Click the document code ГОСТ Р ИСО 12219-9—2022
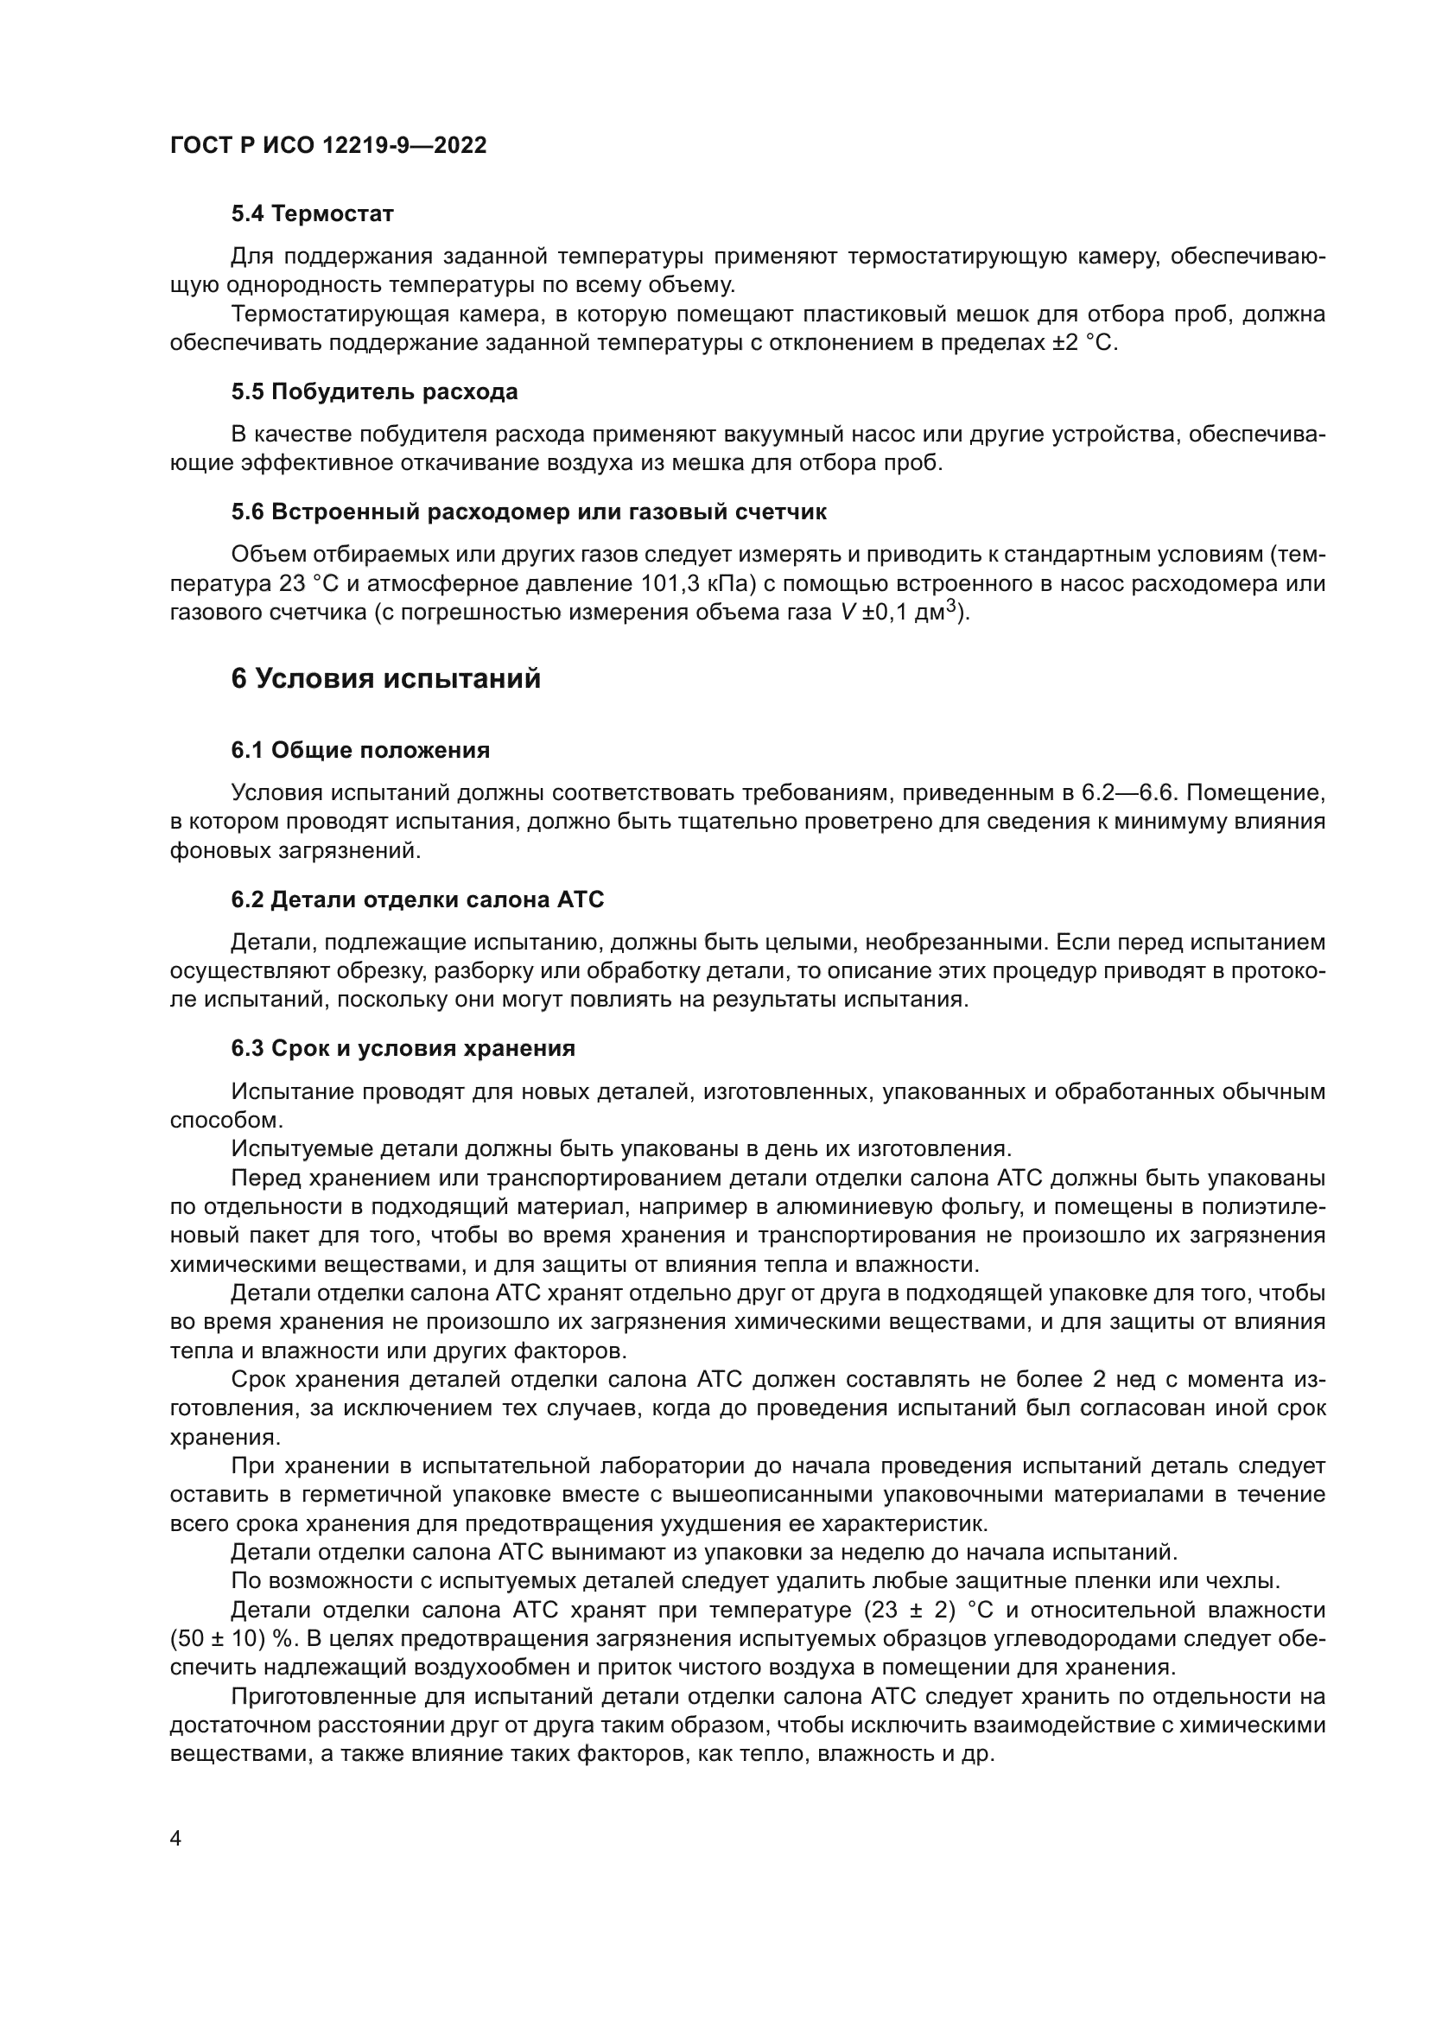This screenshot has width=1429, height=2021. coord(328,145)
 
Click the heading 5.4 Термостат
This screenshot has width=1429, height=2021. coord(313,213)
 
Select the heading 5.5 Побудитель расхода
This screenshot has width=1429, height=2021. coord(374,391)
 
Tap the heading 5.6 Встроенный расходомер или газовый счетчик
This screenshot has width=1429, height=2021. coord(529,512)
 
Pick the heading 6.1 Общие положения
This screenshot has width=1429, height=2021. coord(361,750)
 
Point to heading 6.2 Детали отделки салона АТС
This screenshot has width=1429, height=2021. coord(418,899)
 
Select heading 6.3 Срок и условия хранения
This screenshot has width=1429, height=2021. coord(403,1048)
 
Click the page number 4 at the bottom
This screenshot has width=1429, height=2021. coord(175,1839)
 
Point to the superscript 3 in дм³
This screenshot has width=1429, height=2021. coord(950,607)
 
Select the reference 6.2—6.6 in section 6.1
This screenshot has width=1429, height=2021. coord(1130,792)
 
